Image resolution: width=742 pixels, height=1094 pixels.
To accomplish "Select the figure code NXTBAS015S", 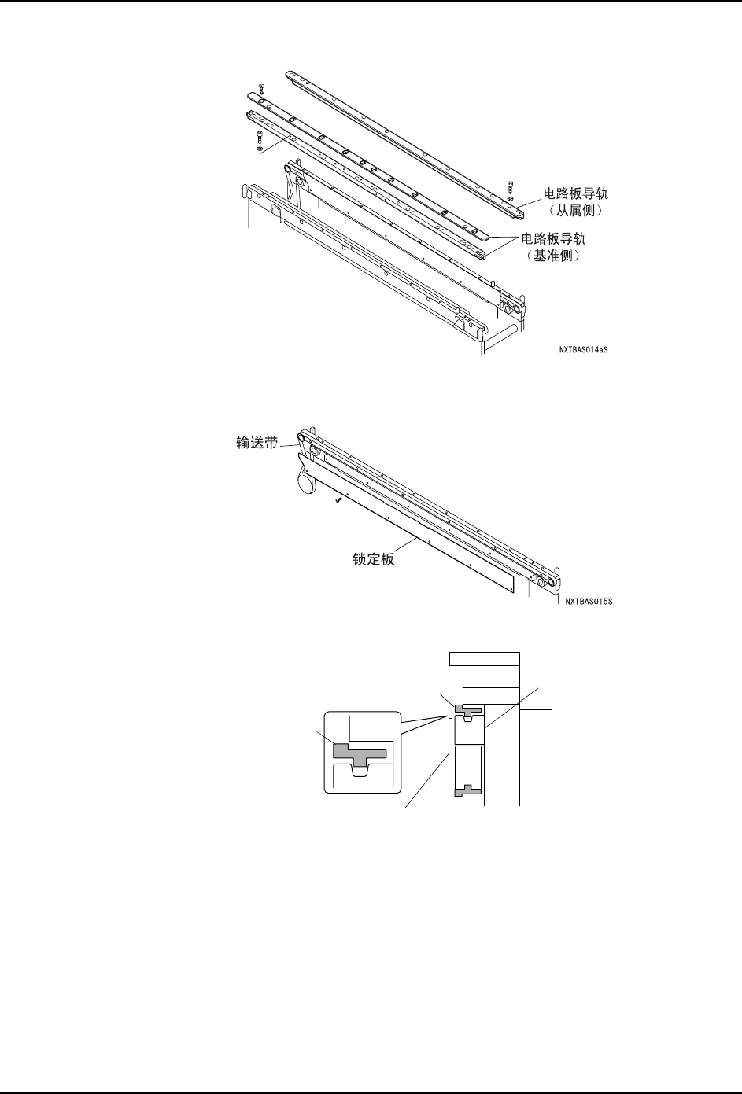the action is (588, 603).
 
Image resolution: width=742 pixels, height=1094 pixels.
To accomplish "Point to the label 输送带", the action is (257, 444).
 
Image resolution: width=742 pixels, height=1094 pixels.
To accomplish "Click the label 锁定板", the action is (373, 560).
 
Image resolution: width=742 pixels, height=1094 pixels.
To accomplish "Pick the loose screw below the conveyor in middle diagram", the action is (337, 499).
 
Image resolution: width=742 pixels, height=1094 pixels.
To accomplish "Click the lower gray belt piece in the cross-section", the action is (467, 790).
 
